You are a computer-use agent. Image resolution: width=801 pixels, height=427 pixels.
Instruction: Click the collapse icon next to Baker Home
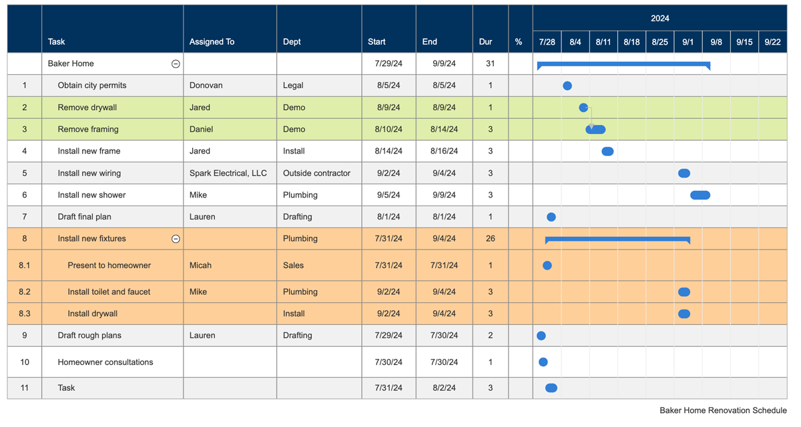tap(176, 64)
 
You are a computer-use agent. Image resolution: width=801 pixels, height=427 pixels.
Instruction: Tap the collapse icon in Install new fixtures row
tap(176, 239)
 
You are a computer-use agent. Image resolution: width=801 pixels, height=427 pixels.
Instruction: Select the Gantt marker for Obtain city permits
tap(567, 85)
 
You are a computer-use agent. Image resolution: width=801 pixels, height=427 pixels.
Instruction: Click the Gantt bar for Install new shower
tap(700, 195)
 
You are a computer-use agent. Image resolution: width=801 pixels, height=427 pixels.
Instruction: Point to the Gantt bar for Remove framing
tap(596, 129)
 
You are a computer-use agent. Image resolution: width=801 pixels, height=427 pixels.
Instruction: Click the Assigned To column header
tap(212, 41)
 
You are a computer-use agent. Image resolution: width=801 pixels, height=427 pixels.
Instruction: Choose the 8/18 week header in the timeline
tap(631, 41)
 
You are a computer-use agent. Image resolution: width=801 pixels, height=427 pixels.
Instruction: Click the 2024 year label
tap(659, 18)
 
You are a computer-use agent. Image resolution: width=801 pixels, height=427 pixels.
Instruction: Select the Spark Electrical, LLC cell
tap(228, 173)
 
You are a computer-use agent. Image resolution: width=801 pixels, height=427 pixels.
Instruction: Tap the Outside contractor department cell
tap(316, 173)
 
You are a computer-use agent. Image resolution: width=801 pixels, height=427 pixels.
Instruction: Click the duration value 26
tap(491, 238)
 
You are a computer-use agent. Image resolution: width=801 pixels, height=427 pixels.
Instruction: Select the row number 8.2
tap(25, 292)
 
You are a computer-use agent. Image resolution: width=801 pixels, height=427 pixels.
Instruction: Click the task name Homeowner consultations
tap(105, 362)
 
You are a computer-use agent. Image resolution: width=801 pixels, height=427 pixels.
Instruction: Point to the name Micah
tap(200, 265)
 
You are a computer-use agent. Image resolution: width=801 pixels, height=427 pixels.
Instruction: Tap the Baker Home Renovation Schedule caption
tap(723, 410)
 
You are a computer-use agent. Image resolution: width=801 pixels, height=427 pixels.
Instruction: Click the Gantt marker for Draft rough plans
tap(541, 336)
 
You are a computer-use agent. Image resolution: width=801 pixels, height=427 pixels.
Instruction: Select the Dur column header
tap(485, 41)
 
